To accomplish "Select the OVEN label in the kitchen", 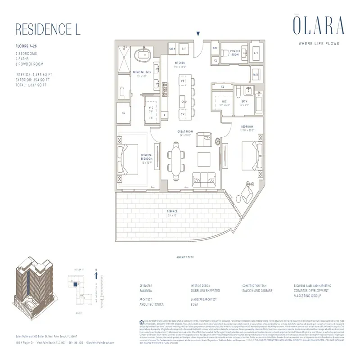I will click(x=172, y=48).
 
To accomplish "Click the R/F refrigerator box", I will click(x=184, y=48).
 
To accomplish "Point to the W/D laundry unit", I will click(x=256, y=74).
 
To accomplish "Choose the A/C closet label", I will click(x=256, y=52).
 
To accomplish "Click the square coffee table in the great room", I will click(x=204, y=158).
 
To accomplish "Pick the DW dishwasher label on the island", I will click(x=183, y=114).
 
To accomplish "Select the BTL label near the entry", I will click(x=215, y=48).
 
